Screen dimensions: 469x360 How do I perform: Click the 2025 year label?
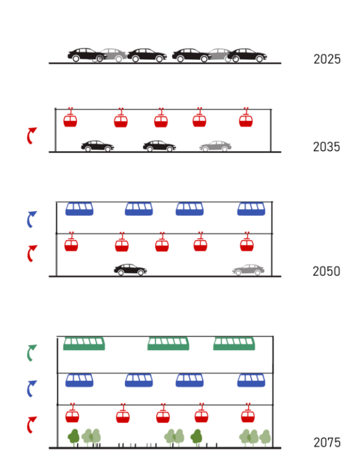[x=326, y=59]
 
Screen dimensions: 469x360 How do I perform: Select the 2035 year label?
[x=326, y=147]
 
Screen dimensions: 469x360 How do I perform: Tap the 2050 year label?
[x=326, y=271]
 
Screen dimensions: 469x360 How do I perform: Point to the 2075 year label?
[x=326, y=443]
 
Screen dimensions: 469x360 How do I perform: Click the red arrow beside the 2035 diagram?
[x=31, y=135]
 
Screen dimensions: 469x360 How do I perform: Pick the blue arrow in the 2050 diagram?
[x=31, y=219]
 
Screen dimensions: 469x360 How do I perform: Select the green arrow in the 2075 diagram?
[x=31, y=353]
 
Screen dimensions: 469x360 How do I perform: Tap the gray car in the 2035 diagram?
[x=215, y=146]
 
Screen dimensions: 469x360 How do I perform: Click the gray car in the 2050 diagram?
[x=248, y=270]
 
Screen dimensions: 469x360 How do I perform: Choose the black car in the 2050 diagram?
[x=130, y=270]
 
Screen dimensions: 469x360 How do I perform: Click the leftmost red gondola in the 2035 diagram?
[x=71, y=119]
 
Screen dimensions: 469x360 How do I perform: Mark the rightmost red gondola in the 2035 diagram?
[x=245, y=119]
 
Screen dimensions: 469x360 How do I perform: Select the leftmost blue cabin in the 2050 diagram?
[x=79, y=209]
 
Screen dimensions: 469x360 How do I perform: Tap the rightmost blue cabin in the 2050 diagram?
[x=251, y=209]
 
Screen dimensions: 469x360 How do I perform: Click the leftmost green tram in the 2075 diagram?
[x=84, y=344]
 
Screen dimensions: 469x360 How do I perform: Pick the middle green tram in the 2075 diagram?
[x=169, y=344]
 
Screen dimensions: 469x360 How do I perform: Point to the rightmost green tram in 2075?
[x=235, y=344]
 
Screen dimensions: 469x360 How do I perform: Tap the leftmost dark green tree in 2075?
[x=74, y=437]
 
